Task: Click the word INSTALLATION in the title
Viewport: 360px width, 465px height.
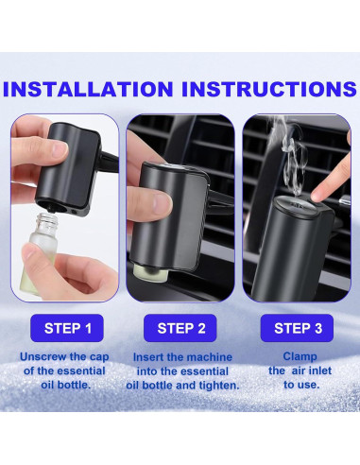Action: [88, 89]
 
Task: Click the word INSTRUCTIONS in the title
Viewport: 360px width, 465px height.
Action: [269, 89]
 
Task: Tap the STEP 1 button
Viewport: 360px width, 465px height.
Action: [67, 328]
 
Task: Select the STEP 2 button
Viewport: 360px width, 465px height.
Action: [180, 328]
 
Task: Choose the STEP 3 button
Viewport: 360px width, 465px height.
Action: [297, 328]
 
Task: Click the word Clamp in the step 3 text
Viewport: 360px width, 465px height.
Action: [300, 356]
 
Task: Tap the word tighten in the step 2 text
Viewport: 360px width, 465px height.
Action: [219, 386]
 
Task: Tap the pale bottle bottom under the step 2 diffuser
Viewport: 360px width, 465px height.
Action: [146, 271]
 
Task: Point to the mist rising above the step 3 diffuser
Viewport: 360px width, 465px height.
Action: [291, 154]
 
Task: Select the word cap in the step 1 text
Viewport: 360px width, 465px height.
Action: [99, 358]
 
